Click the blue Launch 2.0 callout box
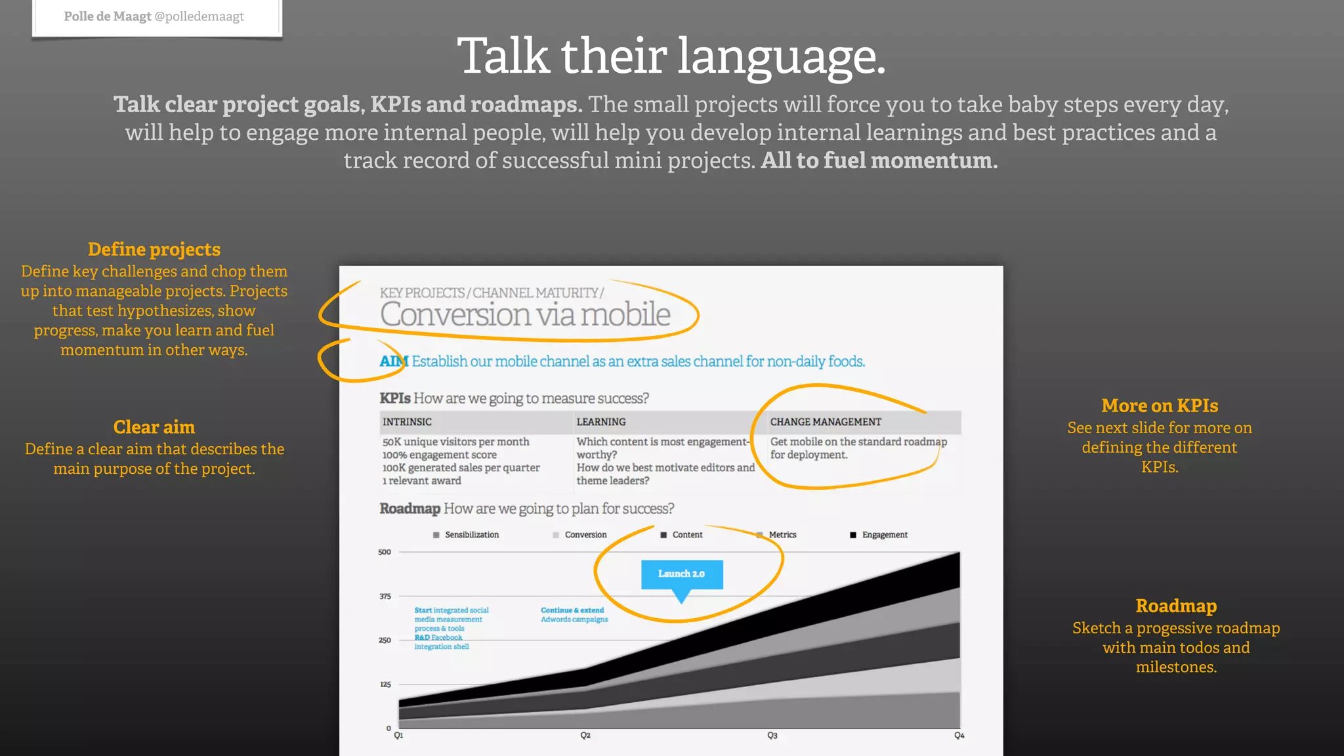[x=681, y=574]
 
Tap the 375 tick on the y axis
[x=385, y=597]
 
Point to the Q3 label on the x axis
[x=772, y=736]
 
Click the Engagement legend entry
[x=879, y=535]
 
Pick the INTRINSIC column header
[x=407, y=422]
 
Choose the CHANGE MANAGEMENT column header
[x=826, y=422]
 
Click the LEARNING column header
[x=601, y=422]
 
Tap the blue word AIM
[x=393, y=362]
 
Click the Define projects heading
[x=154, y=249]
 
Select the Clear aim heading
[x=154, y=427]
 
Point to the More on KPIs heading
[x=1160, y=406]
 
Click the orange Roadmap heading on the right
[x=1176, y=606]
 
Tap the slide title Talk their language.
[x=671, y=56]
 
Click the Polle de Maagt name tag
[x=154, y=16]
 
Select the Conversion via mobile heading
[x=525, y=314]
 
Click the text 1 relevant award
[x=422, y=480]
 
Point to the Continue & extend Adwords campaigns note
[x=574, y=615]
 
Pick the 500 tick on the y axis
[x=385, y=552]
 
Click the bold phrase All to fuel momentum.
[x=879, y=160]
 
